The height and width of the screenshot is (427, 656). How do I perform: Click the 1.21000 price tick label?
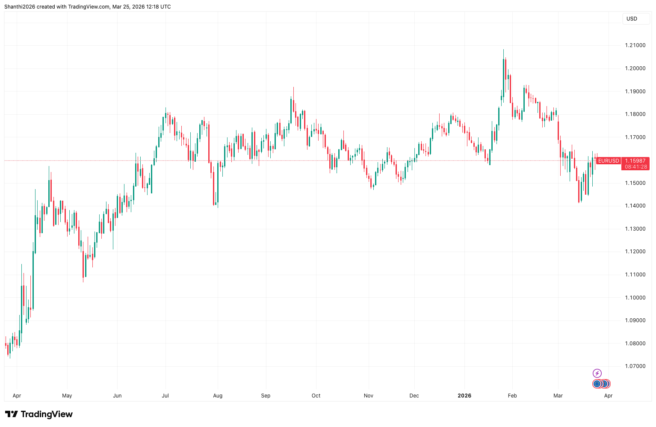tap(635, 45)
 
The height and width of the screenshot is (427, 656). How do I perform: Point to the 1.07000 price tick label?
tap(635, 366)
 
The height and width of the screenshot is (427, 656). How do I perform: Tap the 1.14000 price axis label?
tap(635, 206)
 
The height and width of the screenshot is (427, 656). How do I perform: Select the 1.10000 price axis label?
tap(635, 298)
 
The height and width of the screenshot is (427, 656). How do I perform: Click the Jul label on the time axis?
tap(165, 396)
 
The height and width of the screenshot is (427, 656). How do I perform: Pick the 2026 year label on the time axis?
tap(464, 396)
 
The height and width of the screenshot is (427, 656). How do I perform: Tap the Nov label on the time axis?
tap(369, 396)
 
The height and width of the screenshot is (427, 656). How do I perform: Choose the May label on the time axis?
tap(67, 396)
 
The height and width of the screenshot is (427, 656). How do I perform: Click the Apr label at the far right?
tap(608, 396)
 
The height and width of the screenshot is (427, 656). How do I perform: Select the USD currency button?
tap(632, 19)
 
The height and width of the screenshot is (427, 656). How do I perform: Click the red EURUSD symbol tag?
tap(608, 161)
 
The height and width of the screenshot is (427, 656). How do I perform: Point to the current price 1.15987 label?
tap(635, 161)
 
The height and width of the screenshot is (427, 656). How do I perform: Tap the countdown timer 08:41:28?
tap(635, 167)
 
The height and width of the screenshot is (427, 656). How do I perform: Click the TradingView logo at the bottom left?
tap(39, 414)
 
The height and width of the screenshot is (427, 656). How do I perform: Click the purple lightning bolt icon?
tap(597, 374)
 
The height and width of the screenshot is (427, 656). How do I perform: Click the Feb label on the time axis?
tap(512, 396)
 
